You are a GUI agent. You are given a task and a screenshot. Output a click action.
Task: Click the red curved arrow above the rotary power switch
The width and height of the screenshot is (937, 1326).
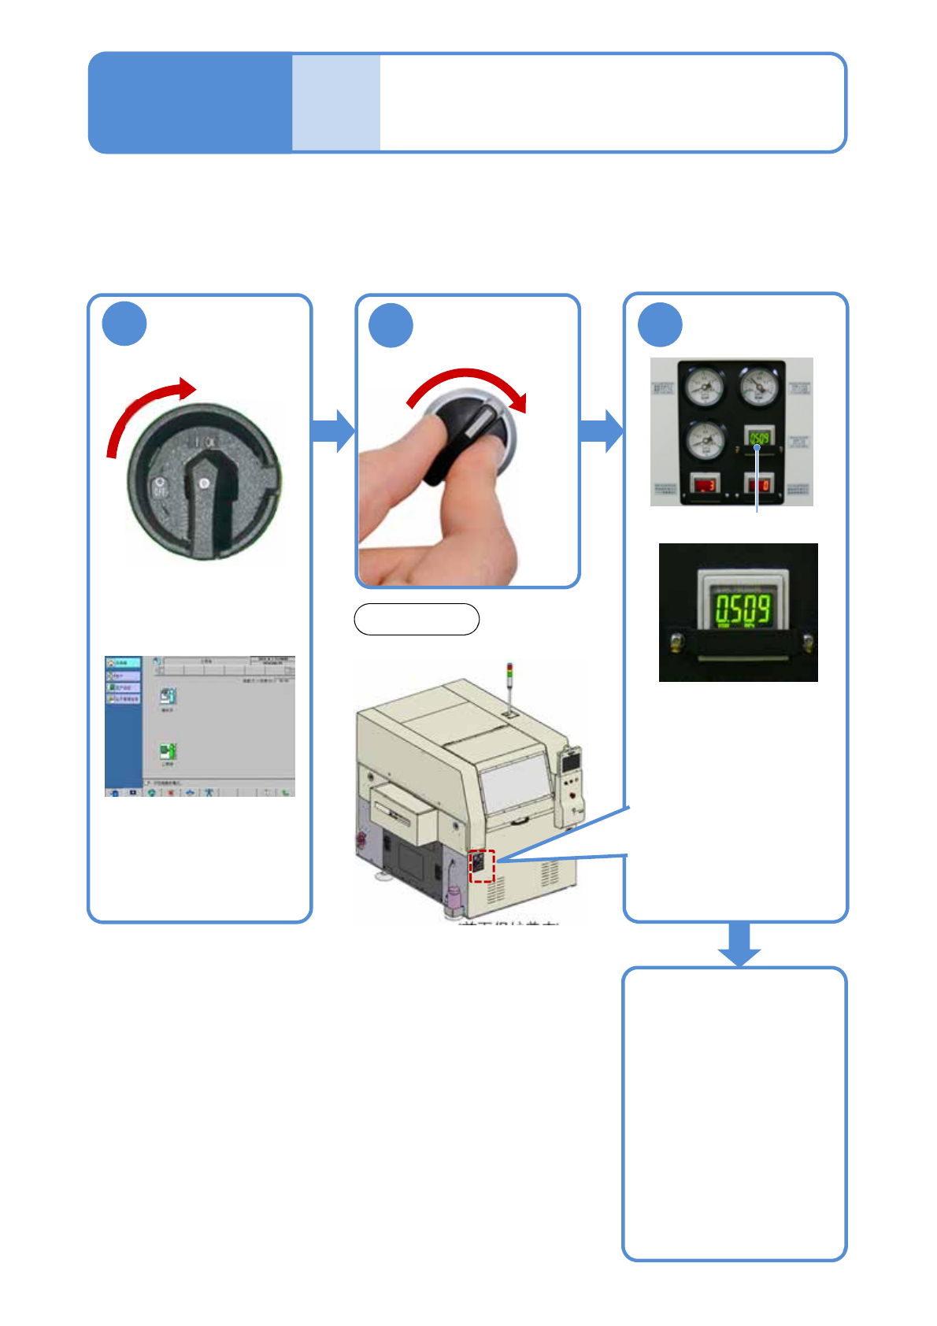[142, 409]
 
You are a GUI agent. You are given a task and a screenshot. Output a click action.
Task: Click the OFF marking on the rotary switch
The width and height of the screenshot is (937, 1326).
[160, 488]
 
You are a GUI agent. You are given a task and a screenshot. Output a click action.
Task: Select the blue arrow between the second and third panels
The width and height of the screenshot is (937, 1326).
[602, 431]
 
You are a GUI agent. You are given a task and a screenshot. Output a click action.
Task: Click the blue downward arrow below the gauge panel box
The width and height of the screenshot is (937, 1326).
[739, 945]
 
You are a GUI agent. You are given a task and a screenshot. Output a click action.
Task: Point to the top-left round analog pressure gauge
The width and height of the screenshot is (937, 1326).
[704, 387]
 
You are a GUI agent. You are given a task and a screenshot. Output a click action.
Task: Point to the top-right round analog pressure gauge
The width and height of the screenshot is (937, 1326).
[759, 387]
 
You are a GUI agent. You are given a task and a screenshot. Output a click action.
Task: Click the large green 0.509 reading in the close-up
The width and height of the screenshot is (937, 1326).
[742, 609]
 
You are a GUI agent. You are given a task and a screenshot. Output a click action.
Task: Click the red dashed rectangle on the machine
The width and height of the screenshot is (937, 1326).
[482, 866]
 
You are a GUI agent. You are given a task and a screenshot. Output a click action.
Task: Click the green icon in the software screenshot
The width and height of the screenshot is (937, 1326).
[168, 751]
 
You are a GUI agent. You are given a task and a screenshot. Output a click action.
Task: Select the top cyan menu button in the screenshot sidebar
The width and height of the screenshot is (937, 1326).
[124, 664]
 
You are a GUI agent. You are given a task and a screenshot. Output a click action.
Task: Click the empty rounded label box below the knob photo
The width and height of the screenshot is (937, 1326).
[417, 620]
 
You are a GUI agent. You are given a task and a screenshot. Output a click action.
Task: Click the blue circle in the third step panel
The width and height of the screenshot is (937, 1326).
[660, 324]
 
